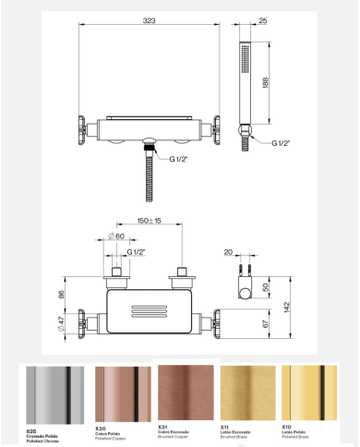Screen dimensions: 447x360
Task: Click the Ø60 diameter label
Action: (118, 237)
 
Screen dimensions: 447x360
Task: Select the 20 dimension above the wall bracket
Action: (230, 250)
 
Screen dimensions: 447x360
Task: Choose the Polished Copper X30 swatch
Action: (123, 394)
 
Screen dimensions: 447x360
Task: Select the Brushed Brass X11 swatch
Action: (249, 393)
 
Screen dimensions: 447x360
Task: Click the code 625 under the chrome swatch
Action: (32, 429)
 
